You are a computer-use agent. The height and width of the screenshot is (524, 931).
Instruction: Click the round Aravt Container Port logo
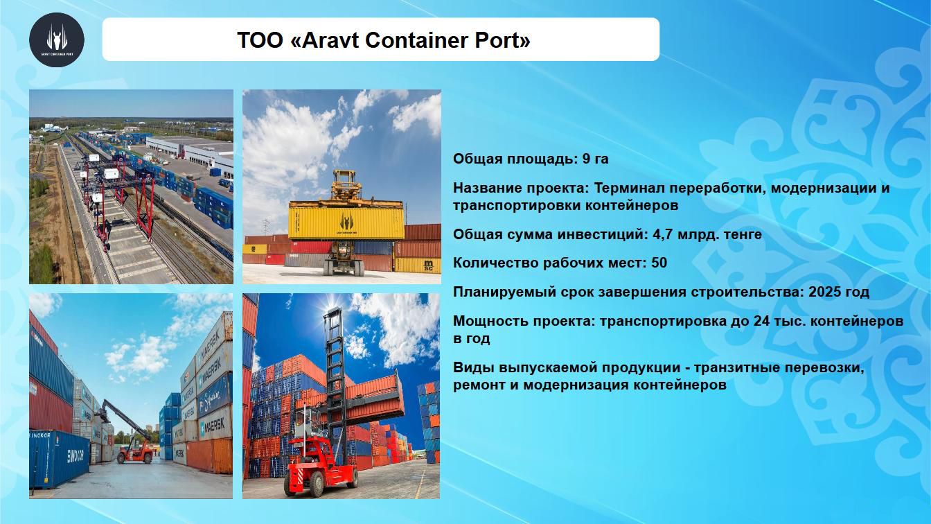tap(57, 40)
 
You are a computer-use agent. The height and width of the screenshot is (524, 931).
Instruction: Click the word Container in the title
tap(416, 40)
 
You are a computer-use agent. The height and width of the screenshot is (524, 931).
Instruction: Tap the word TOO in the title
tap(260, 40)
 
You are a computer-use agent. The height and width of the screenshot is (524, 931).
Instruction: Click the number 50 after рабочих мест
tap(659, 263)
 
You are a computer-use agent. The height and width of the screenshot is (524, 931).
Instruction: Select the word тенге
tap(743, 234)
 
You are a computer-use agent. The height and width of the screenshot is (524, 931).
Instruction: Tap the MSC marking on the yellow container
tap(429, 265)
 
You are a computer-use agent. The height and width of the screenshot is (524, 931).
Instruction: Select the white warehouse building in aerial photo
tap(190, 150)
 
